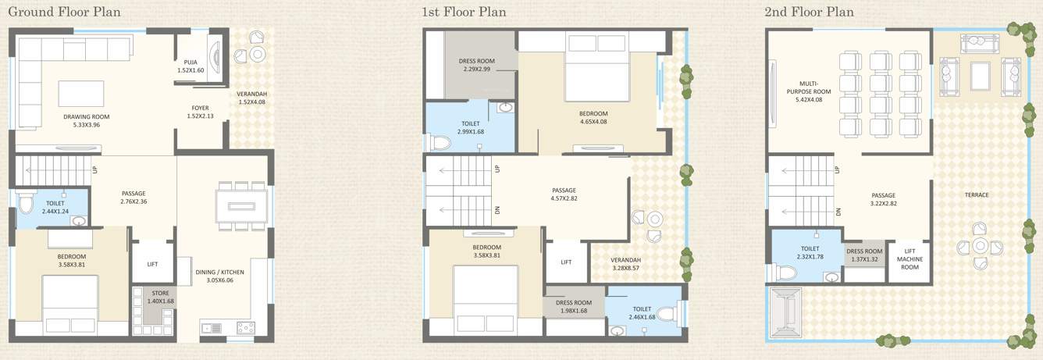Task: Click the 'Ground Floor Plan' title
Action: (64, 12)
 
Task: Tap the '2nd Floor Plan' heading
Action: (810, 12)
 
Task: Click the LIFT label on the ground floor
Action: (153, 264)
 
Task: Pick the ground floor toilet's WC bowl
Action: (26, 205)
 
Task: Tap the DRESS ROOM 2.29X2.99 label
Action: (476, 65)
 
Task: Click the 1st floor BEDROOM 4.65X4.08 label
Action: (593, 117)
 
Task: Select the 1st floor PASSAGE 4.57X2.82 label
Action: (563, 194)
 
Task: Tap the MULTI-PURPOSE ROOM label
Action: (813, 91)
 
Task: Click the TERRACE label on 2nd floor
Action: (977, 195)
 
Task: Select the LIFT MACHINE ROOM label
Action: (910, 258)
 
